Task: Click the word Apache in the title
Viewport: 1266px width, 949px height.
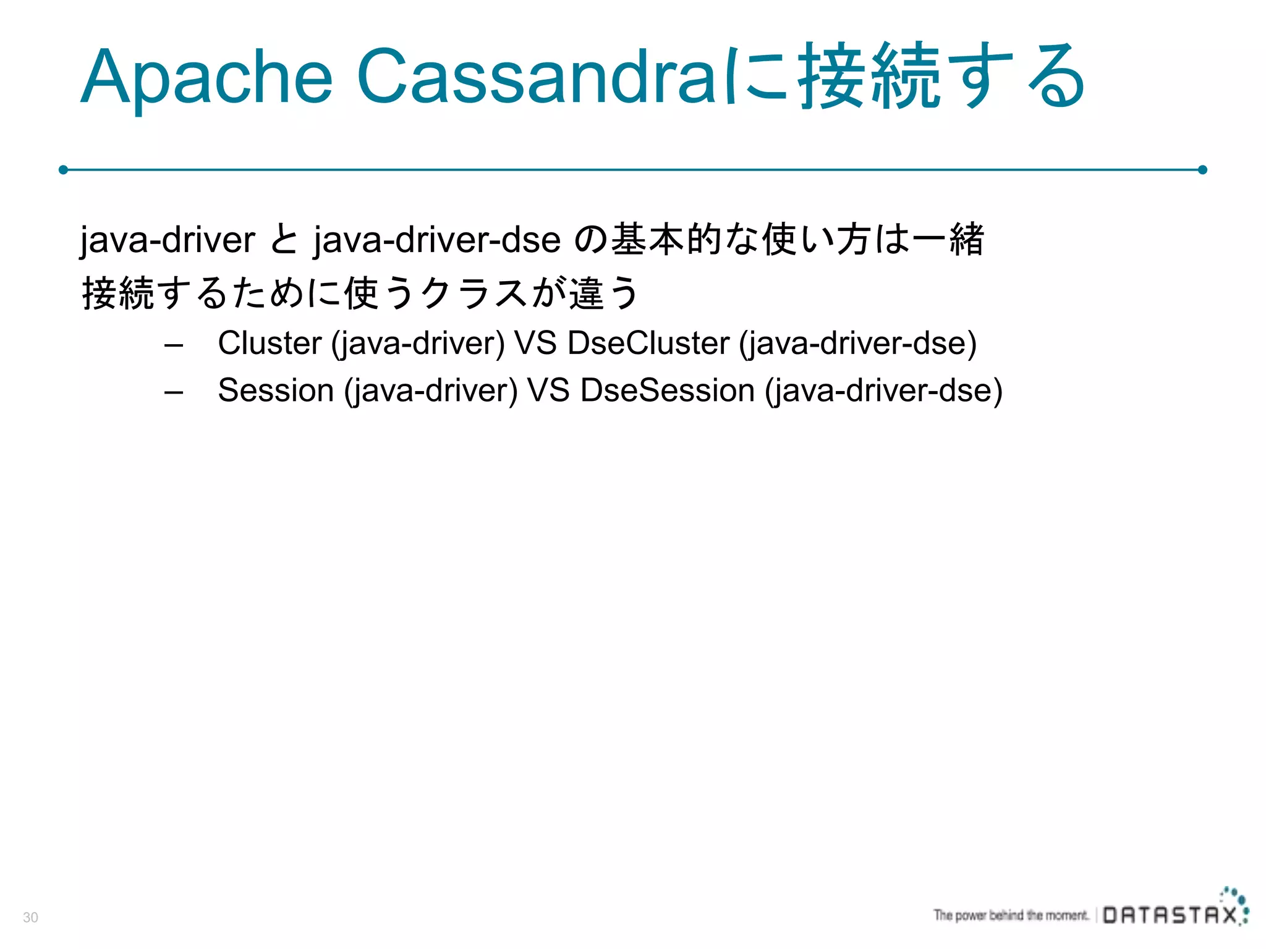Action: click(207, 78)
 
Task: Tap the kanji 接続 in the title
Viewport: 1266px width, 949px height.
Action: click(869, 77)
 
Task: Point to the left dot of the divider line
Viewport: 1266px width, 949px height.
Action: click(63, 169)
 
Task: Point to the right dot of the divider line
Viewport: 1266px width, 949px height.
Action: click(1202, 169)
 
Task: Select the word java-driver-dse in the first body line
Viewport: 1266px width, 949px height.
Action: click(436, 240)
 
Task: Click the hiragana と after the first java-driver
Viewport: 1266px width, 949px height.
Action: click(284, 240)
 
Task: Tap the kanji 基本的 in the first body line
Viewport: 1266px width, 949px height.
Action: click(666, 240)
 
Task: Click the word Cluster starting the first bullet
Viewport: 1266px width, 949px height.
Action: click(270, 343)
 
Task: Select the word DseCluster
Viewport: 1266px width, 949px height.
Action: click(648, 343)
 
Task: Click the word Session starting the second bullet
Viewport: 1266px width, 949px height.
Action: click(276, 390)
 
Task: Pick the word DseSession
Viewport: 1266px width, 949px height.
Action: click(667, 390)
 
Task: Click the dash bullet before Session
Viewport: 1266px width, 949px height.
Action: click(174, 392)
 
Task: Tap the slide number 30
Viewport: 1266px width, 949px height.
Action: click(30, 917)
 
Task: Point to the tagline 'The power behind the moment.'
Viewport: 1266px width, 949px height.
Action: click(1011, 915)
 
